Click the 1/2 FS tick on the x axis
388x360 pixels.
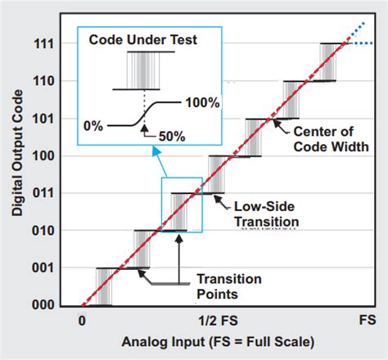[217, 322]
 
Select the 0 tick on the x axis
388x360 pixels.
[82, 322]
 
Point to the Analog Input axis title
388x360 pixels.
[218, 341]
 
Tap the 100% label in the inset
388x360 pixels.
[201, 104]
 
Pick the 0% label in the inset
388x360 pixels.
[92, 125]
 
